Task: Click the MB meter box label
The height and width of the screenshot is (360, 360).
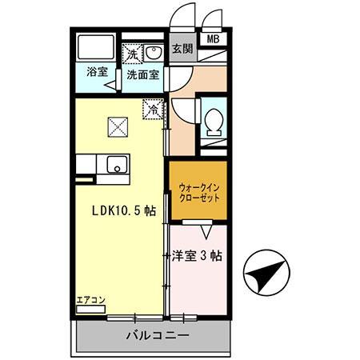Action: point(214,38)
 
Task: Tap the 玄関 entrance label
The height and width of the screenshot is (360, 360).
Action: point(182,47)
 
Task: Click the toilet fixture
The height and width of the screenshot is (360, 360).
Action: point(214,122)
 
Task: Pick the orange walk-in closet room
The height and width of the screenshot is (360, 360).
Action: point(198,192)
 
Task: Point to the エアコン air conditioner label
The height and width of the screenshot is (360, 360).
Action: point(90,302)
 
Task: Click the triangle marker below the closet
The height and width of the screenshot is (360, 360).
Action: point(208,230)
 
